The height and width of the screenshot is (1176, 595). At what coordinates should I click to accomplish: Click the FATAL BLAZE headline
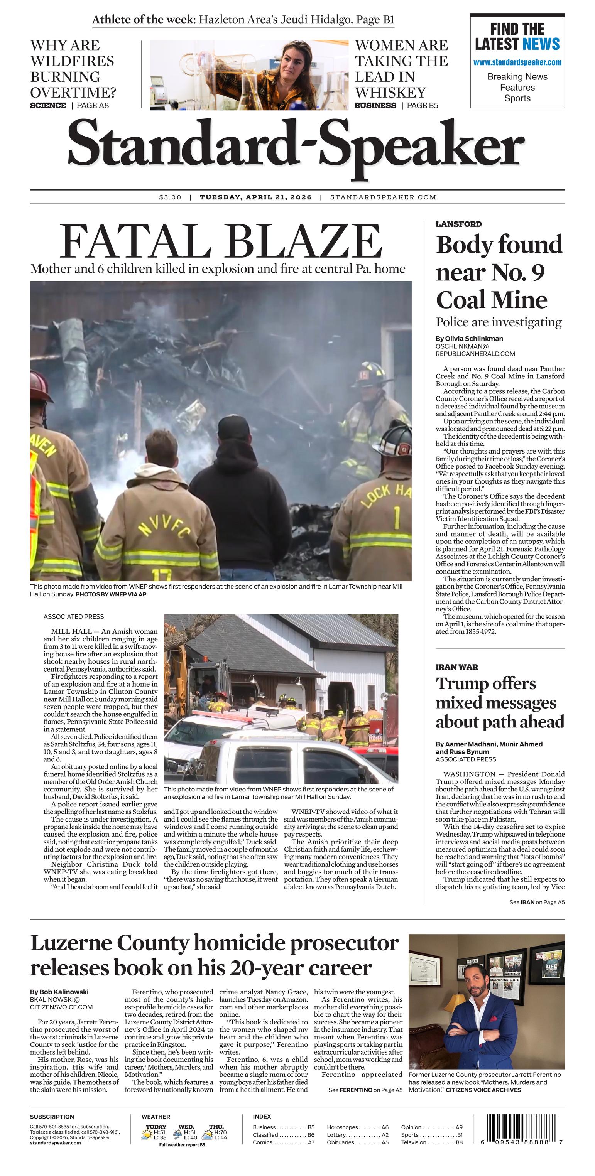point(221,241)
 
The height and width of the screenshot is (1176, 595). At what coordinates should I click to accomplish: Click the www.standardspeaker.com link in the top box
point(517,62)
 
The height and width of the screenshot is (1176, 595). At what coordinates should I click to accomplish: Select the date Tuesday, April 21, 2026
point(256,197)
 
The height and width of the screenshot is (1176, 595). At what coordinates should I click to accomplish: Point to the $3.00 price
point(170,197)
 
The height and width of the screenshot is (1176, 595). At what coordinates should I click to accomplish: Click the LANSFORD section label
point(458,224)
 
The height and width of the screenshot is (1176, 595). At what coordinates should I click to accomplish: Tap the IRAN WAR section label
point(456,667)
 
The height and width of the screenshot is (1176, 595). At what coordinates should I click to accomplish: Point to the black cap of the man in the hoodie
point(233,428)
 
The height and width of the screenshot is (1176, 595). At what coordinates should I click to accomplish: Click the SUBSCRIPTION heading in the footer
point(52,1116)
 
